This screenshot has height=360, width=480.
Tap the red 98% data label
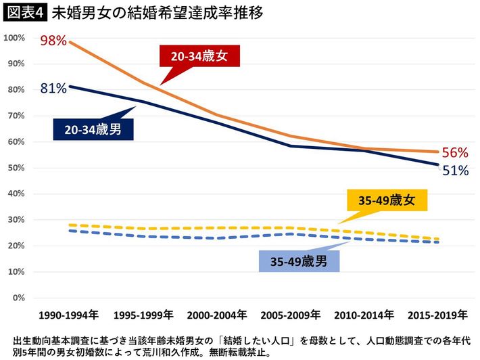[x=53, y=41]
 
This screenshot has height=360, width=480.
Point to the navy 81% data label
[x=53, y=88]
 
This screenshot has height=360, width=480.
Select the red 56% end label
[x=454, y=154]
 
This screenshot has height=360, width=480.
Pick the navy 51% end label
[x=454, y=171]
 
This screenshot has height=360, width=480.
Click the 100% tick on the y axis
[x=14, y=37]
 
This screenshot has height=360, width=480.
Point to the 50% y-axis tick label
[x=16, y=168]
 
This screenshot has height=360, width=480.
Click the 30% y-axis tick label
[x=16, y=220]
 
